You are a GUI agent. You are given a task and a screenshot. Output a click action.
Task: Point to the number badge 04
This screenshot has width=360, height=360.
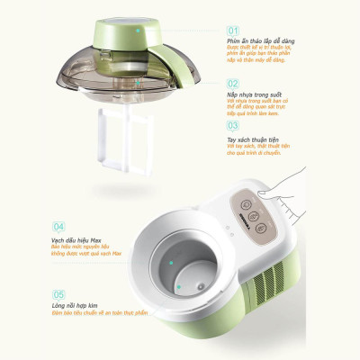(58, 227)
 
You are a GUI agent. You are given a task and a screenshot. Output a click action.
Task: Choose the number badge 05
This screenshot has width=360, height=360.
(58, 293)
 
